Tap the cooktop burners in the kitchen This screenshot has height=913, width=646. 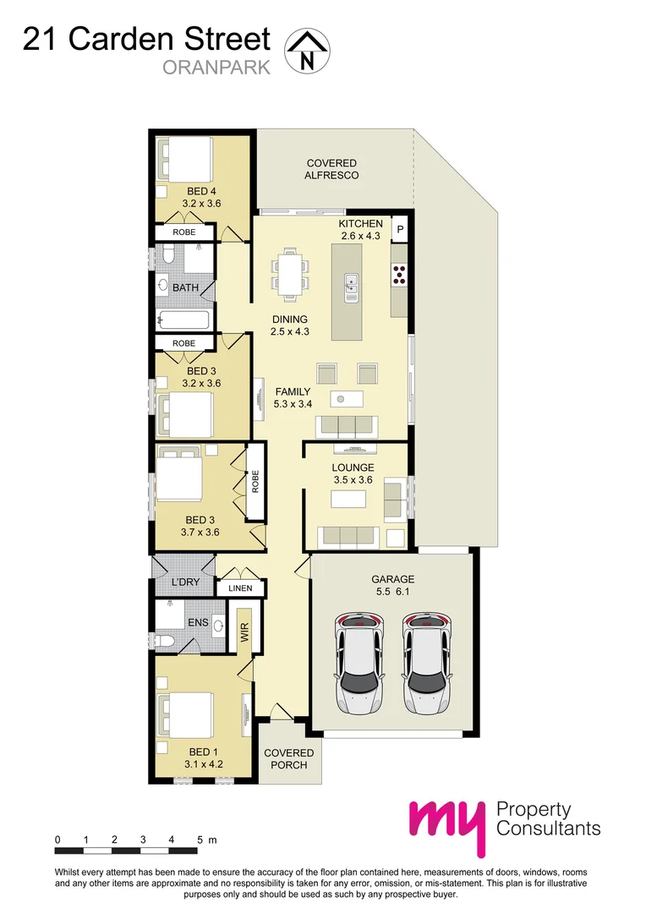click(x=399, y=272)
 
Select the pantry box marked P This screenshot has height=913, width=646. click(x=401, y=229)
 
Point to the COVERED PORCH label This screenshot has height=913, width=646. click(x=288, y=758)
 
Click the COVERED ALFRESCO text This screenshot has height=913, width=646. click(x=331, y=169)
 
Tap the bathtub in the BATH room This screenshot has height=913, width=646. click(x=183, y=320)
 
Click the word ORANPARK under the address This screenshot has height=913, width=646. click(x=216, y=68)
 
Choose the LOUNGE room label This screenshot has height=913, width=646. click(x=353, y=467)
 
